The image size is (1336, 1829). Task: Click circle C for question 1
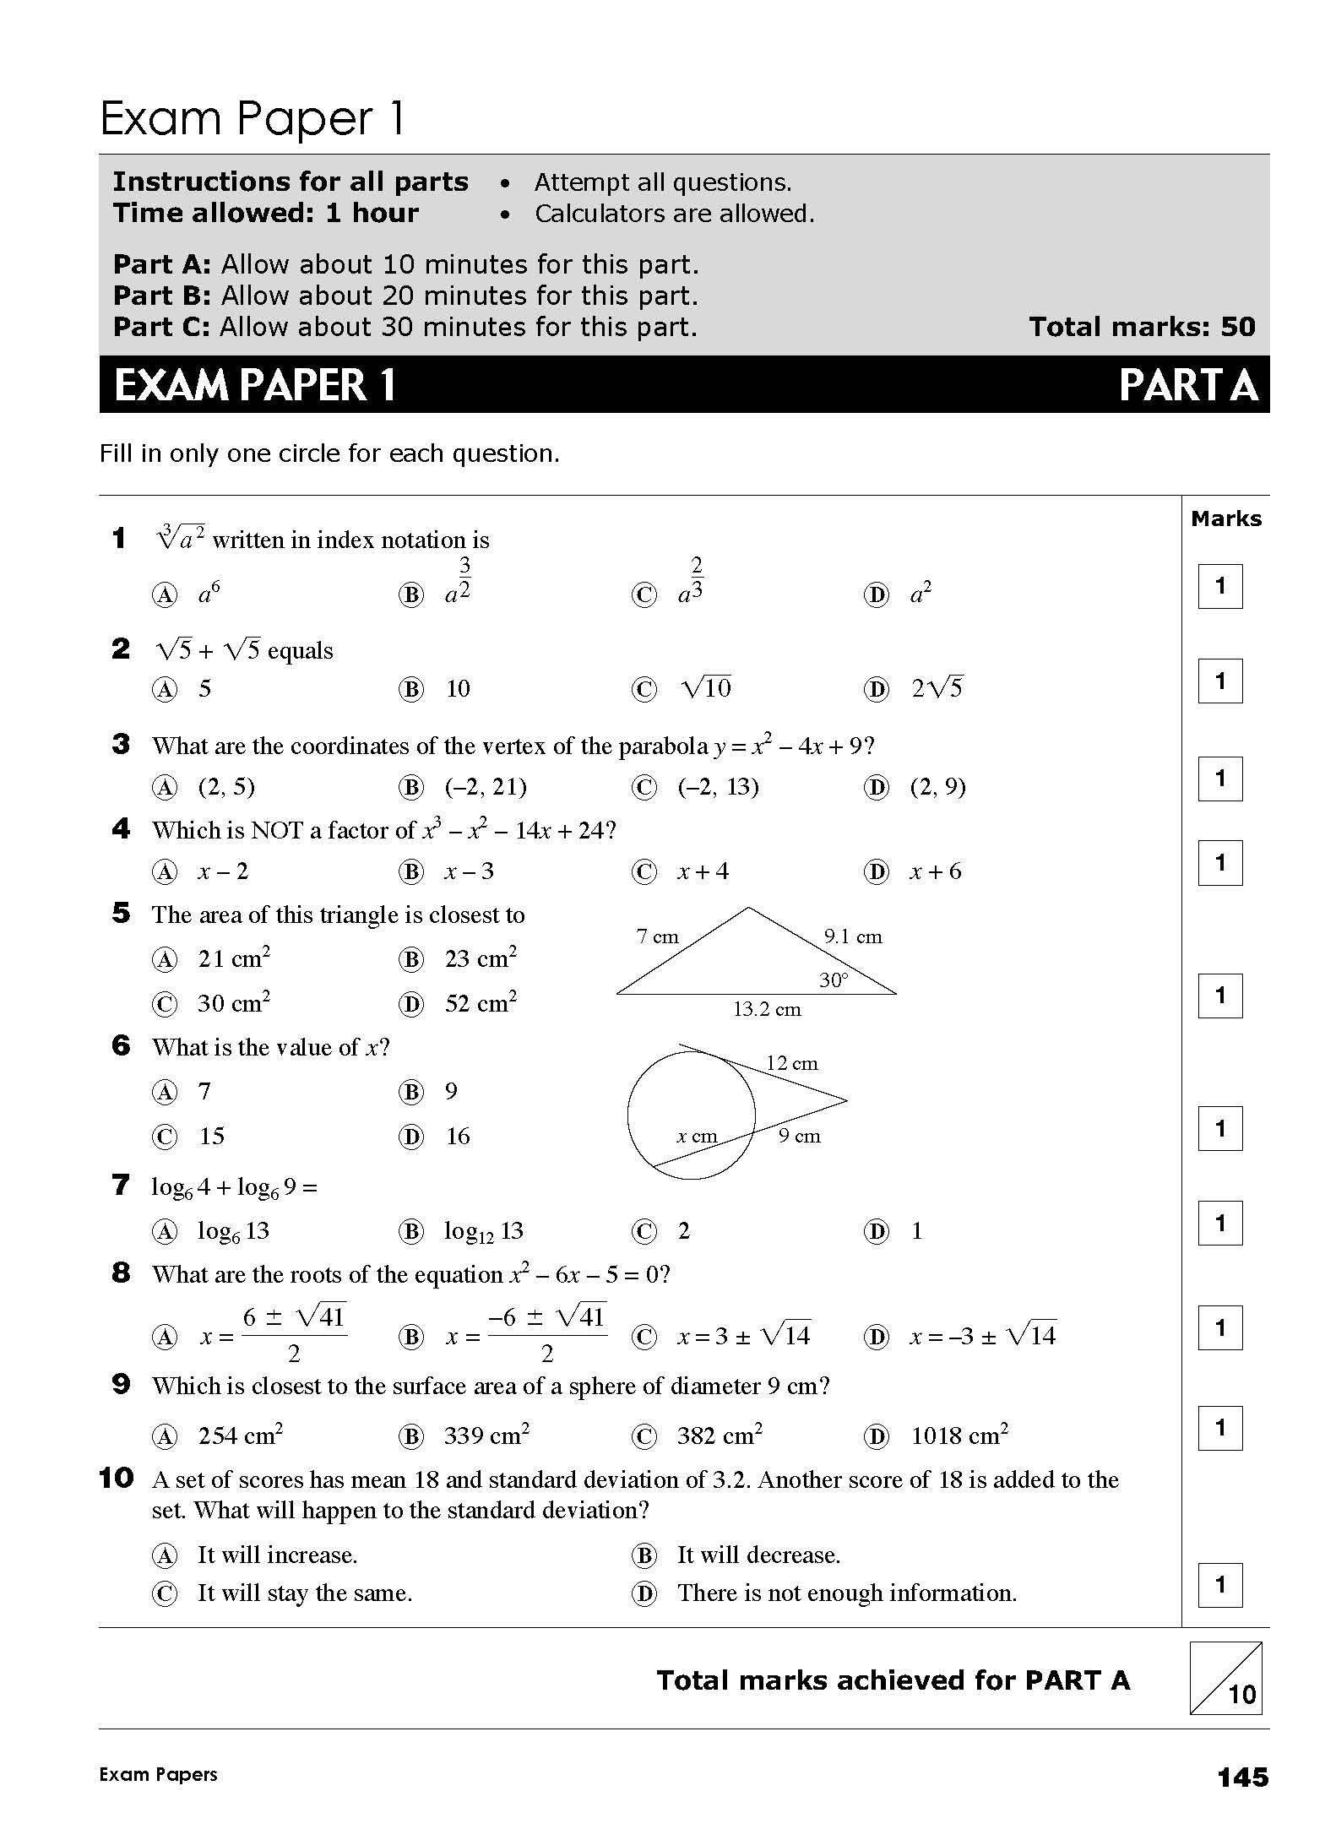[x=644, y=595]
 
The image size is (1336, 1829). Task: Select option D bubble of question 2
[x=877, y=690]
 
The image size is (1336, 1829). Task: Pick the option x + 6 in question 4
[x=935, y=871]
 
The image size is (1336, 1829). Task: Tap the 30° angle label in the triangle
[x=834, y=980]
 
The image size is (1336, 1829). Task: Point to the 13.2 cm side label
[x=767, y=1009]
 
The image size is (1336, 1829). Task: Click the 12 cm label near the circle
[x=792, y=1063]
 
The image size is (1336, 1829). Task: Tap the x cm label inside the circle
[x=697, y=1136]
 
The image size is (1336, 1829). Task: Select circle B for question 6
[x=410, y=1093]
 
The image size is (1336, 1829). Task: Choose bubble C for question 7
[x=644, y=1232]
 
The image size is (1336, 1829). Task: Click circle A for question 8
[x=164, y=1337]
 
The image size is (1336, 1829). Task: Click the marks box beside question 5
[x=1219, y=996]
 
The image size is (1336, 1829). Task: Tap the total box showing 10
[x=1225, y=1679]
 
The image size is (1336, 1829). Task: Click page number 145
[x=1242, y=1777]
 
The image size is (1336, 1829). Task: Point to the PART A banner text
[x=1187, y=385]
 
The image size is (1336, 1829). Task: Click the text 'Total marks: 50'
[x=1142, y=327]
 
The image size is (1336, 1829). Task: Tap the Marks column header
[x=1225, y=518]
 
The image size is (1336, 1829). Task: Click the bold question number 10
[x=117, y=1478]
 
